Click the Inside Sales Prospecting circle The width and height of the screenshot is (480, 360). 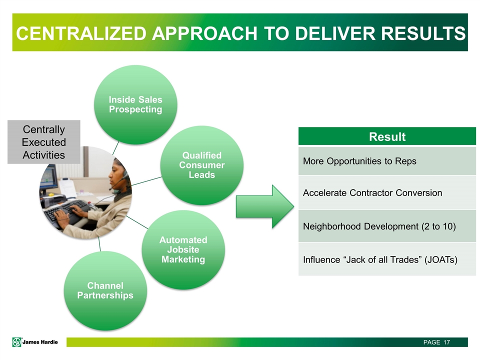point(135,104)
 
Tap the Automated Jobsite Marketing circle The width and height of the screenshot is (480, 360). point(183,249)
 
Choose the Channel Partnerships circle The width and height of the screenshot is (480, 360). point(105,290)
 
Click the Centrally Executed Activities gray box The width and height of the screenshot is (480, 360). point(43,142)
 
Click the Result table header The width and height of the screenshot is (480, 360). point(386,137)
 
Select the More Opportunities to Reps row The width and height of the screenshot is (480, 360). point(386,161)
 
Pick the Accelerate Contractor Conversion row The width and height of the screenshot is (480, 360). point(386,192)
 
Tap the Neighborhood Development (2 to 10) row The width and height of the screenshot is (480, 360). point(386,226)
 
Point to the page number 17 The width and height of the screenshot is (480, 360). point(446,342)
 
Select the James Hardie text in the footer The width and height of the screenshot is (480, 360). point(43,342)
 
